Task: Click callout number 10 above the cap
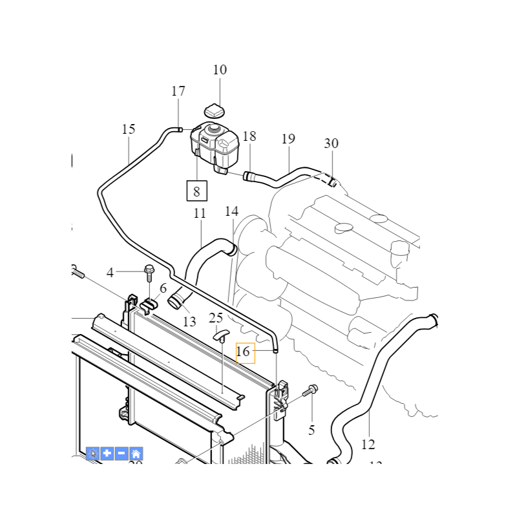(220, 70)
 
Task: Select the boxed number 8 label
(196, 191)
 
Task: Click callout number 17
(178, 91)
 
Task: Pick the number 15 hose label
(129, 129)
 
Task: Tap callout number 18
(249, 136)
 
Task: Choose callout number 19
(288, 139)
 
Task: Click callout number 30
(331, 143)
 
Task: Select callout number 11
(200, 213)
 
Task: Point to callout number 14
(231, 211)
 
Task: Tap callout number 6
(163, 289)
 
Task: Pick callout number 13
(189, 322)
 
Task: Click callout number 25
(216, 317)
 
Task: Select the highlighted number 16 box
(246, 352)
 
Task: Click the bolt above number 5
(311, 390)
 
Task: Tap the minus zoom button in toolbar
(121, 454)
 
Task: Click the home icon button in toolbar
(136, 454)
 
